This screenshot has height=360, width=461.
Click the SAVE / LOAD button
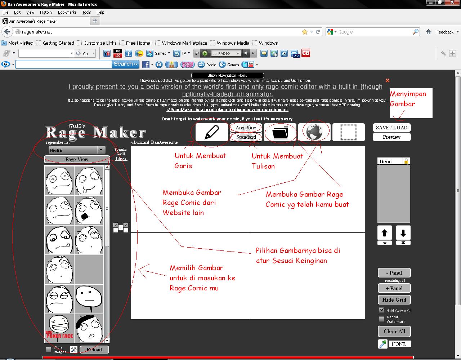[391, 128]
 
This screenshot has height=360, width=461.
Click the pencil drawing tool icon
[211, 132]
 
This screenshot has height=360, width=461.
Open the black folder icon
[280, 132]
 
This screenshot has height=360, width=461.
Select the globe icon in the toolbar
[314, 132]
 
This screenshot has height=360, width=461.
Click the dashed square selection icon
[348, 132]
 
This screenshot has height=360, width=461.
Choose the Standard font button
[246, 137]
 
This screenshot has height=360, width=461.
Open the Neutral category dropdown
[76, 150]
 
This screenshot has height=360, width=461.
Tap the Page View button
[77, 159]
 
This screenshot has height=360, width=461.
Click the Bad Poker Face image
[59, 328]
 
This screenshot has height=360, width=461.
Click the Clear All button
[394, 332]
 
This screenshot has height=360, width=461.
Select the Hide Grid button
[394, 300]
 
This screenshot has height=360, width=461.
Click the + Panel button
[394, 288]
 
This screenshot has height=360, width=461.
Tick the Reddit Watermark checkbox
[382, 319]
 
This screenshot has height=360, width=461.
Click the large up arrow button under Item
[384, 233]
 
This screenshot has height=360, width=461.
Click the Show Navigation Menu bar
[227, 75]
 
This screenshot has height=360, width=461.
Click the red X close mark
[388, 80]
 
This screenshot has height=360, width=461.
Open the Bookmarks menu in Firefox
[67, 12]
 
